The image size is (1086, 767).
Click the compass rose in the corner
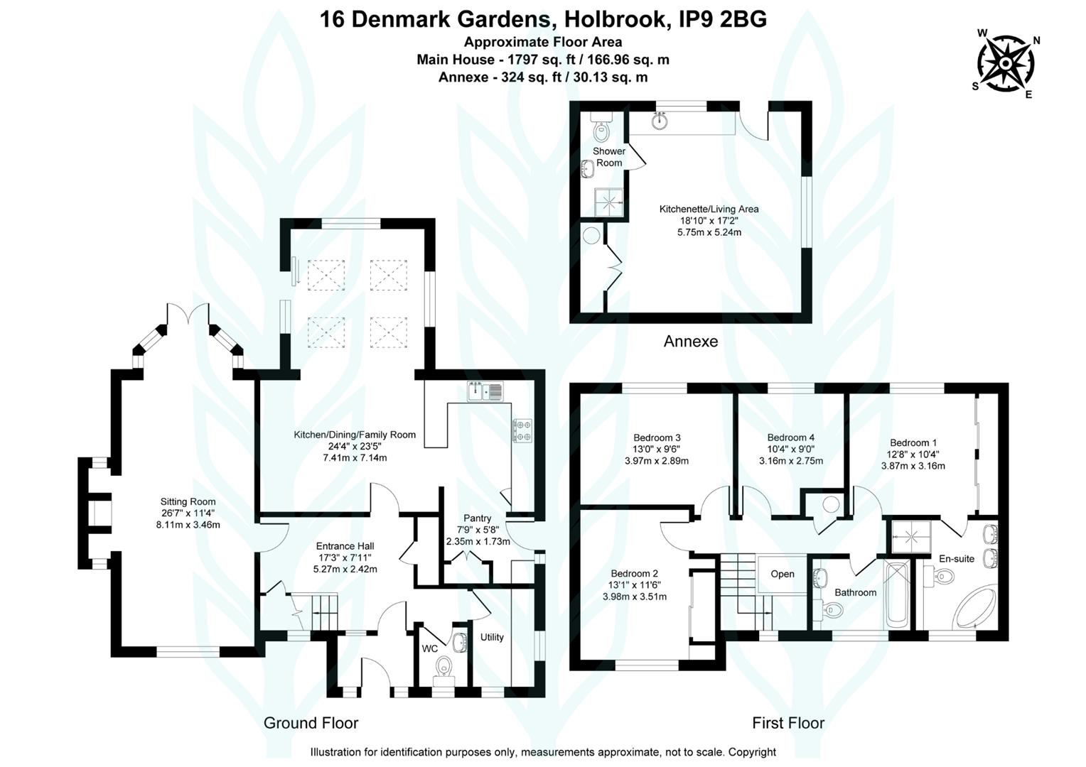[1006, 63]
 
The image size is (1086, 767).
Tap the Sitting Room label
[188, 501]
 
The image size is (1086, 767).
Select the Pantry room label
[477, 518]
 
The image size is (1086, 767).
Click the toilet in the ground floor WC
[444, 668]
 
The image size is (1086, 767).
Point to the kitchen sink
[485, 391]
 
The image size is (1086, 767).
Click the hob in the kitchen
[524, 430]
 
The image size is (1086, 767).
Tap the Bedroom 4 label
[790, 437]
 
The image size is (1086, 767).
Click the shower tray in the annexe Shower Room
[610, 202]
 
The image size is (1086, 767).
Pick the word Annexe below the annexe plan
[690, 342]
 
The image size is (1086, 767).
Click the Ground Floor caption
[311, 723]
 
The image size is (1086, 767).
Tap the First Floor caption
[788, 723]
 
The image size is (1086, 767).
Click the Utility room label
[492, 637]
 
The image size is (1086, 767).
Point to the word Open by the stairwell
[783, 574]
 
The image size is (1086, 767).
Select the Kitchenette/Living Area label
[709, 209]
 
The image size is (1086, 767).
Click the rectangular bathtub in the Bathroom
[898, 593]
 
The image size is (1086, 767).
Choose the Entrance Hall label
[345, 546]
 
